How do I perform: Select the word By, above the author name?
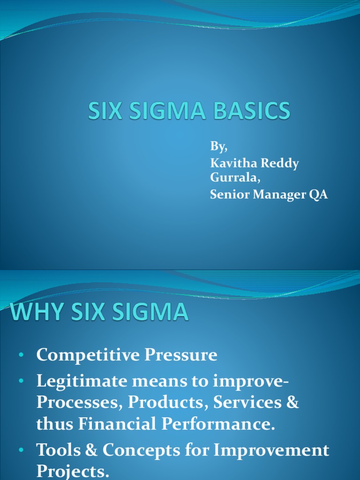click(218, 147)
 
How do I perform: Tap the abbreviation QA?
click(317, 195)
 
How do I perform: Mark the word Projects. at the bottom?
click(73, 471)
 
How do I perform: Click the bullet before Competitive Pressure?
click(22, 356)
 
